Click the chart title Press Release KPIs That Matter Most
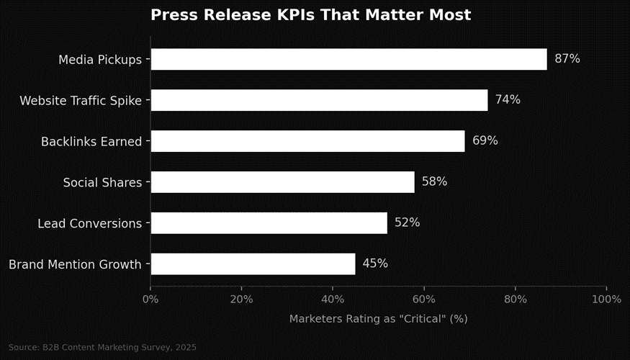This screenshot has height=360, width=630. click(310, 15)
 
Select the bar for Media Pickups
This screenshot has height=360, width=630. click(348, 59)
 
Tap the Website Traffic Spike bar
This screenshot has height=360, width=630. click(319, 100)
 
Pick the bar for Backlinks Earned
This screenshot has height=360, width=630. click(307, 141)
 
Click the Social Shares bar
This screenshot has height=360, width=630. click(282, 182)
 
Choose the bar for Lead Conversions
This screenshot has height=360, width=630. click(269, 223)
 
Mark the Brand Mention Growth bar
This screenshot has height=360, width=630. click(253, 264)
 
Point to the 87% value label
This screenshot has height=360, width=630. click(567, 59)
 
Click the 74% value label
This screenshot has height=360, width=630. click(508, 100)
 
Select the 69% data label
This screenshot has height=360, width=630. click(485, 141)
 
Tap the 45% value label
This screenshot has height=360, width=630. click(375, 264)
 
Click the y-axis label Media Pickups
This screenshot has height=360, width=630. click(100, 60)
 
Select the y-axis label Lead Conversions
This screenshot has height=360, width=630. click(89, 224)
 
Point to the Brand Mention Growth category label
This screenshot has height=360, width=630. click(75, 265)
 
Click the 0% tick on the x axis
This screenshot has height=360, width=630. click(150, 300)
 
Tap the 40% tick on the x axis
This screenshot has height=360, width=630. click(333, 300)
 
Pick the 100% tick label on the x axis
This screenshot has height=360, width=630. click(606, 300)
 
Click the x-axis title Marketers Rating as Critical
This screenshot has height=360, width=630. click(378, 319)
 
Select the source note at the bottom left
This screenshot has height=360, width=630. click(102, 348)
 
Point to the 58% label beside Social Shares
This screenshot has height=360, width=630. click(434, 182)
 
